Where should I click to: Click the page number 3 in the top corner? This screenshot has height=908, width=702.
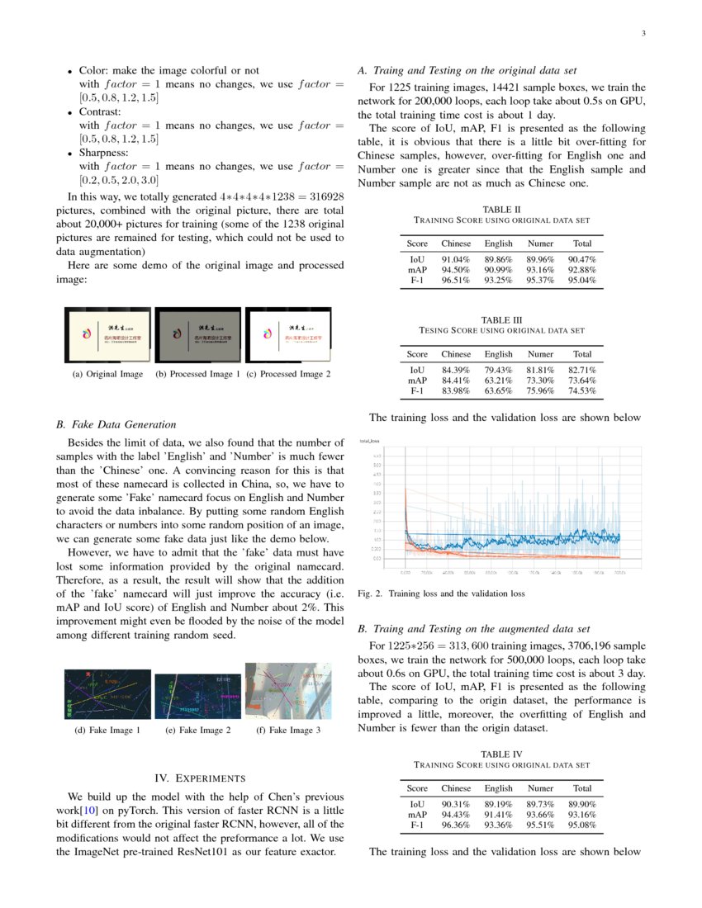[x=642, y=34]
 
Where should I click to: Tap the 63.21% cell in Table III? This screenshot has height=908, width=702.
[x=498, y=381]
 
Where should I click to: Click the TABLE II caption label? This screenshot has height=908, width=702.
[x=501, y=210]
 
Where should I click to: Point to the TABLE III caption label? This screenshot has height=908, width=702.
[x=501, y=320]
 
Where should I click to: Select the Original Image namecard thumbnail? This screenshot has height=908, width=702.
[x=108, y=335]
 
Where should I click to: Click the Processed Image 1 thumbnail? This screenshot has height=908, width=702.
[x=198, y=335]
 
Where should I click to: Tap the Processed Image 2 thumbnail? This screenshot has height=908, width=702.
[x=288, y=335]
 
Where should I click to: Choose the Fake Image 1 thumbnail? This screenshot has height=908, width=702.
[x=108, y=694]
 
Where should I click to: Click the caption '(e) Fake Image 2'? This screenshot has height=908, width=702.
[x=198, y=731]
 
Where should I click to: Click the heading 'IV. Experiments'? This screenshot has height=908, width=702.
[x=199, y=778]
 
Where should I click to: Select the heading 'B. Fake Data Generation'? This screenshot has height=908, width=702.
[x=116, y=425]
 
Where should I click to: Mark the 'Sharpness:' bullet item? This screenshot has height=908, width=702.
[x=103, y=153]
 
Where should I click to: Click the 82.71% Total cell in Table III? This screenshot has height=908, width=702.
[x=582, y=370]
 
